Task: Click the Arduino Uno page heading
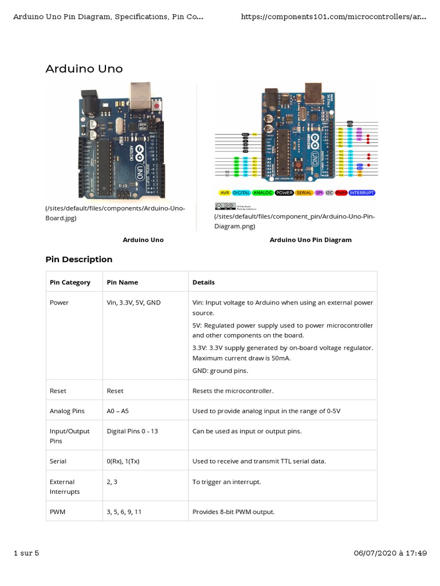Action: click(x=84, y=69)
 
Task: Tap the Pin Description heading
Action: click(x=79, y=259)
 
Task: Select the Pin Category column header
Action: click(x=70, y=282)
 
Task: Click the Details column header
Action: click(x=203, y=282)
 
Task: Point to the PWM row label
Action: click(x=57, y=512)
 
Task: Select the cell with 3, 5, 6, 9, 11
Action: click(x=124, y=512)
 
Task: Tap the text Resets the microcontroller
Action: click(x=233, y=391)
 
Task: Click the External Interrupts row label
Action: click(x=62, y=486)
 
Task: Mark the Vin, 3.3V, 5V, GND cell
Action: click(x=133, y=302)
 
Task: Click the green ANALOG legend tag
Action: click(x=263, y=193)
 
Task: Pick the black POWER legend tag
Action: click(x=285, y=193)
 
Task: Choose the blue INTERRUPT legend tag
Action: click(x=362, y=193)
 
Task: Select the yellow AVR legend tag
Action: click(x=225, y=193)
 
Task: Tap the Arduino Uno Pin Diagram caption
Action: click(x=311, y=240)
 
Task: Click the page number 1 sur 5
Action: click(x=26, y=553)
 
